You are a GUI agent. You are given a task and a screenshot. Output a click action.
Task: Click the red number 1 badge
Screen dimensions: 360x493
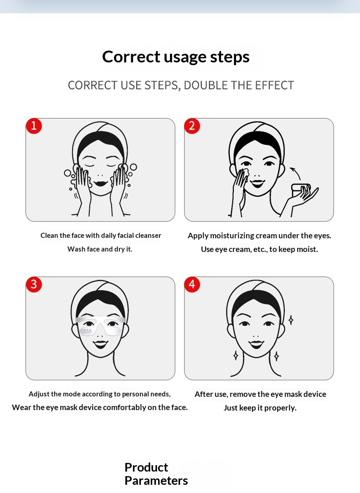(34, 126)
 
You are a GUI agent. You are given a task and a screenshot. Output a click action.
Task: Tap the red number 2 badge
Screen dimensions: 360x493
(192, 126)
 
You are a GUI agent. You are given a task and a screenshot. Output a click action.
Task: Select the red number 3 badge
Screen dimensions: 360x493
(34, 284)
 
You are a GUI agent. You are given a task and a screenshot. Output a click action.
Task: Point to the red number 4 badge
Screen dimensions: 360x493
(192, 284)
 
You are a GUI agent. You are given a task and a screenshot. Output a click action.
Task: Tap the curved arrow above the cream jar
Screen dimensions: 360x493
(296, 172)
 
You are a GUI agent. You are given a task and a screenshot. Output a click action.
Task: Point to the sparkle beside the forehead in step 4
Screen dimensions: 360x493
(291, 320)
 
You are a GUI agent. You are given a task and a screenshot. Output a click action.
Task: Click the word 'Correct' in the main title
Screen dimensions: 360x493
(131, 57)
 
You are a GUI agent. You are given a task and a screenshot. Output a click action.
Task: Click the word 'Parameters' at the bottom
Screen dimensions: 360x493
(156, 481)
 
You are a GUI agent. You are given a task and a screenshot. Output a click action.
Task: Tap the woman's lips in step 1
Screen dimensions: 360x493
(101, 183)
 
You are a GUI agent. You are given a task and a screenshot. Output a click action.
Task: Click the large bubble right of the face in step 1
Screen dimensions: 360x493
(134, 167)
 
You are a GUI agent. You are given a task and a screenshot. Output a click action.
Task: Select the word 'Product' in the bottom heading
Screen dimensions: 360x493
(146, 467)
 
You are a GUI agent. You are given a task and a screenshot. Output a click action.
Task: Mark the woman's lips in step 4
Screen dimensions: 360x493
(256, 344)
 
